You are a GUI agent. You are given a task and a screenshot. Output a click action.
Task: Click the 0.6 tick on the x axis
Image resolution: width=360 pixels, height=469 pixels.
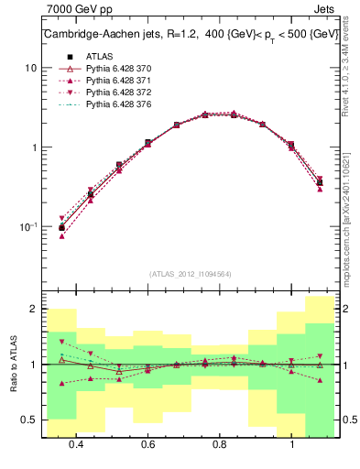point(147,444)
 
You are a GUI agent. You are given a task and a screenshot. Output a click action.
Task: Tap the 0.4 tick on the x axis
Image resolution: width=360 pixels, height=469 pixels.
point(76,444)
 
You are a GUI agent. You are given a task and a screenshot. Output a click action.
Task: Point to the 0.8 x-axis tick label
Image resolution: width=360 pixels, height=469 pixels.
point(220,444)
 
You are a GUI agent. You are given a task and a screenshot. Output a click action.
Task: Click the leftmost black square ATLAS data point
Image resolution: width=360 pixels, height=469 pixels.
point(62,227)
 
